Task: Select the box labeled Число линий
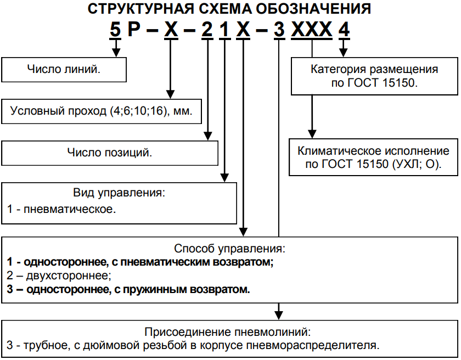pyautogui.click(x=64, y=69)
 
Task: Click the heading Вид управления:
pyautogui.click(x=119, y=193)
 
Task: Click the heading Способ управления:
pyautogui.click(x=229, y=248)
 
